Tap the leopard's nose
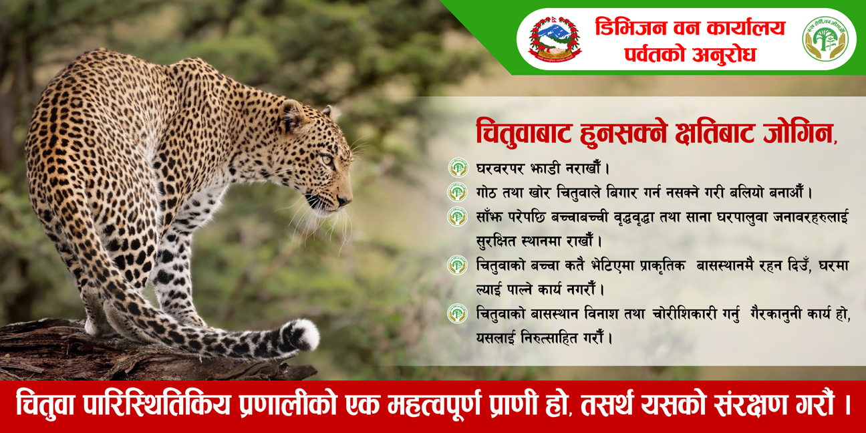[344, 200]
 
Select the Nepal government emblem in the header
[555, 39]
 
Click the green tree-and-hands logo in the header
[825, 39]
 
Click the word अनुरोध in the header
[724, 54]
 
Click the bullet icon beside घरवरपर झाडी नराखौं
[458, 168]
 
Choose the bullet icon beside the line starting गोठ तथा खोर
[458, 192]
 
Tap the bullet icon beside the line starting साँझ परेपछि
[458, 216]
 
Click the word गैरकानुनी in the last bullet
[776, 314]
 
